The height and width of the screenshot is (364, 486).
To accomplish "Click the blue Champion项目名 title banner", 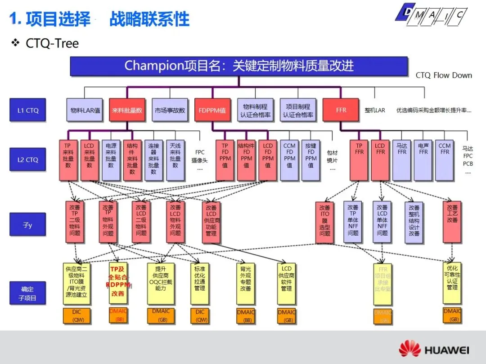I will click(x=238, y=66).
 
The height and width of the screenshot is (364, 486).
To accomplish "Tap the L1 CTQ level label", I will click(x=27, y=110).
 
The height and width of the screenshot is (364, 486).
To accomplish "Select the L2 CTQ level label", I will click(x=27, y=160).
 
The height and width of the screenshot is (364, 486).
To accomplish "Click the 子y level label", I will click(x=27, y=224).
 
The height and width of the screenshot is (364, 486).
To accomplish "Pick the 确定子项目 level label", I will click(x=27, y=293).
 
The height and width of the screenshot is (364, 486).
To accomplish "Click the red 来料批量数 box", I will click(x=127, y=110).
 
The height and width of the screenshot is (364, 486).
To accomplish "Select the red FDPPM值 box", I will click(x=212, y=110).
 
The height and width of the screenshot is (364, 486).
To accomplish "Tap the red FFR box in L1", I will click(x=341, y=110).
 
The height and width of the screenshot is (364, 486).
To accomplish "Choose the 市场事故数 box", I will click(x=170, y=110).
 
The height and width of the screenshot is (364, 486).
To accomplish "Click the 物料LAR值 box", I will click(x=85, y=110).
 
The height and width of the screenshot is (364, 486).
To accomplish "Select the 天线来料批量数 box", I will click(x=175, y=160).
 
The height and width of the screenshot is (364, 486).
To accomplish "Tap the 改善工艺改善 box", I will click(x=452, y=221).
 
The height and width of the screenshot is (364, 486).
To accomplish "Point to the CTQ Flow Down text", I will click(x=443, y=75).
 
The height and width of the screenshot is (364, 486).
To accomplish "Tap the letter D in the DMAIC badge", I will click(x=407, y=13).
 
